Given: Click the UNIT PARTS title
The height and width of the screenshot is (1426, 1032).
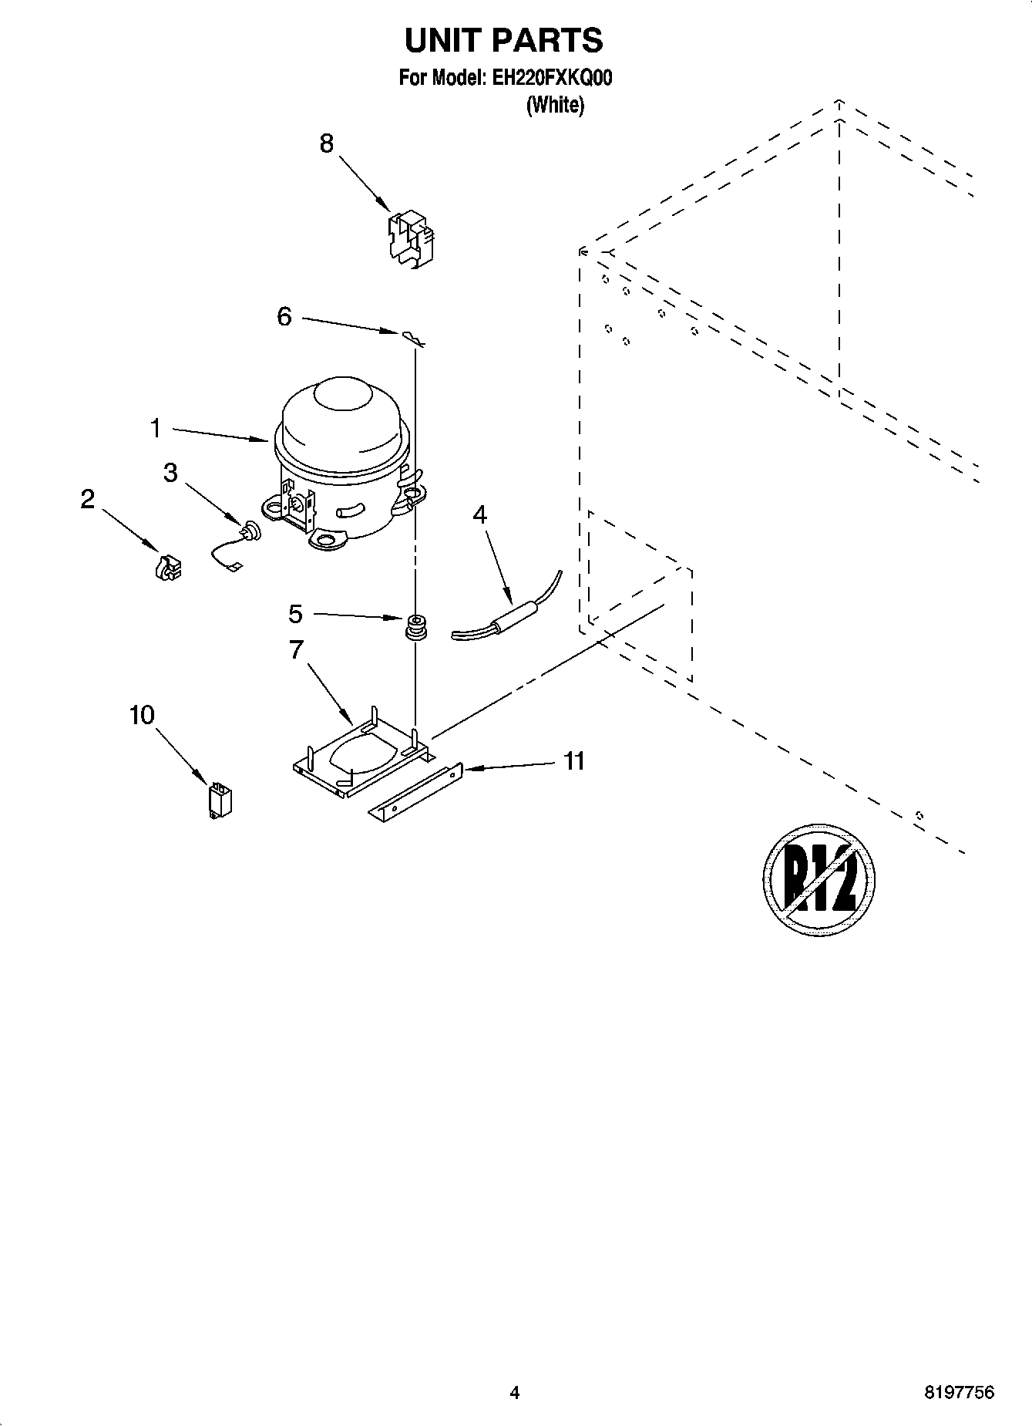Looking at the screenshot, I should pos(503,40).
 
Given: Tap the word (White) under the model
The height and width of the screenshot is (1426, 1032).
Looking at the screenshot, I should pos(555,105).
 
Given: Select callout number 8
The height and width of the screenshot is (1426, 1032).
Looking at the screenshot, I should pos(327,143).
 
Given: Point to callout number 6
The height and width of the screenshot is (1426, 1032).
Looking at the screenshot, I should pos(284,316).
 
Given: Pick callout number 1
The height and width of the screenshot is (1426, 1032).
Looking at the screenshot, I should pos(156,428).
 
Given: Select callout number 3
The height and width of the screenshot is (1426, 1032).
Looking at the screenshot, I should pos(170,473).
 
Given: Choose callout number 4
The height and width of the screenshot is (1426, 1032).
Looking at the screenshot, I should pos(479,514).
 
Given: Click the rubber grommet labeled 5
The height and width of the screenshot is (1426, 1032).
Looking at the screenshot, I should pos(417,626).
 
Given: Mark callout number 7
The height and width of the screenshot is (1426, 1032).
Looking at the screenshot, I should pos(296,650).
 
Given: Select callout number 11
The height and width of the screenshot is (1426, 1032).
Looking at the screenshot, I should pos(573,761).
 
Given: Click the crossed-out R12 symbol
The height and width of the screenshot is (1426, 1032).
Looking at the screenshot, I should pos(819,879).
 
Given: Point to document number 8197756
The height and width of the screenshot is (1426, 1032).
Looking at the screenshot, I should pos(959,1393).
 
